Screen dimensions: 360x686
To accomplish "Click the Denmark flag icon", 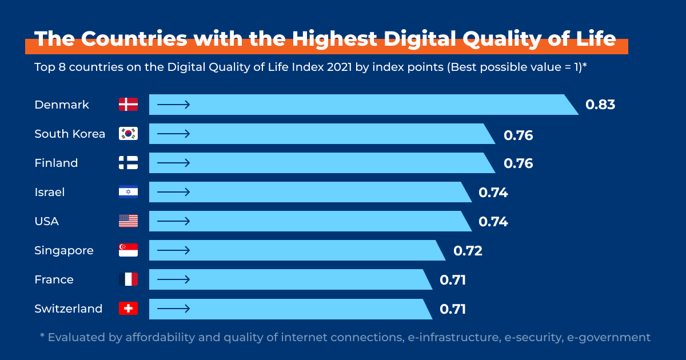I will [128, 105].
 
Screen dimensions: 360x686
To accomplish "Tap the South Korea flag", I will [128, 134].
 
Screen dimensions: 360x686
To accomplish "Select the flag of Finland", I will [128, 163].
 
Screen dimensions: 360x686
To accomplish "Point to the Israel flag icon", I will [128, 192].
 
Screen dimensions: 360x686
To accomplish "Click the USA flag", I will [128, 221].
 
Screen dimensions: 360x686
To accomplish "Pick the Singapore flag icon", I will [128, 250].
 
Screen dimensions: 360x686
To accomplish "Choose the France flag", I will [128, 279].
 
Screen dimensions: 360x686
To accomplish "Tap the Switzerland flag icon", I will [128, 309].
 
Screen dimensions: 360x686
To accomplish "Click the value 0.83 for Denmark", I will [600, 105].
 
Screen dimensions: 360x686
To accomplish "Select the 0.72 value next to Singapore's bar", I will [468, 250].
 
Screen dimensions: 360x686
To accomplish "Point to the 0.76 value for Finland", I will [518, 163].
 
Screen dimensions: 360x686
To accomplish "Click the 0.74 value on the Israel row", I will [493, 193].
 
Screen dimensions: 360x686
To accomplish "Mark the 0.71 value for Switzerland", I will [453, 309].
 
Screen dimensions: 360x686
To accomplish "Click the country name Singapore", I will [64, 251].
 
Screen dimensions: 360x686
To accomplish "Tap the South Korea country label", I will [70, 134].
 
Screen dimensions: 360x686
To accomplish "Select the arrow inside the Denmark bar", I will [173, 105].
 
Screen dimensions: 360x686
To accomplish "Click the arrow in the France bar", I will [173, 279].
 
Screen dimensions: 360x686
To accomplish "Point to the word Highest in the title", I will [334, 39].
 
